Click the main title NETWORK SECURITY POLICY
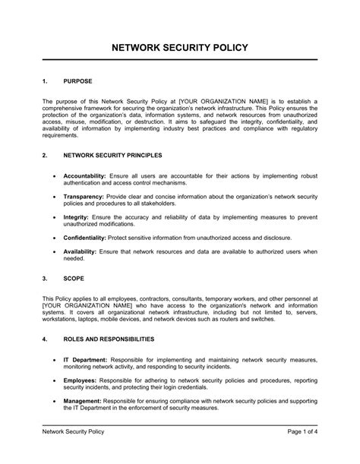click(x=180, y=48)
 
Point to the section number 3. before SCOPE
click(x=45, y=279)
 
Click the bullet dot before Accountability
click(x=53, y=175)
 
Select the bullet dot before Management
click(x=53, y=401)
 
